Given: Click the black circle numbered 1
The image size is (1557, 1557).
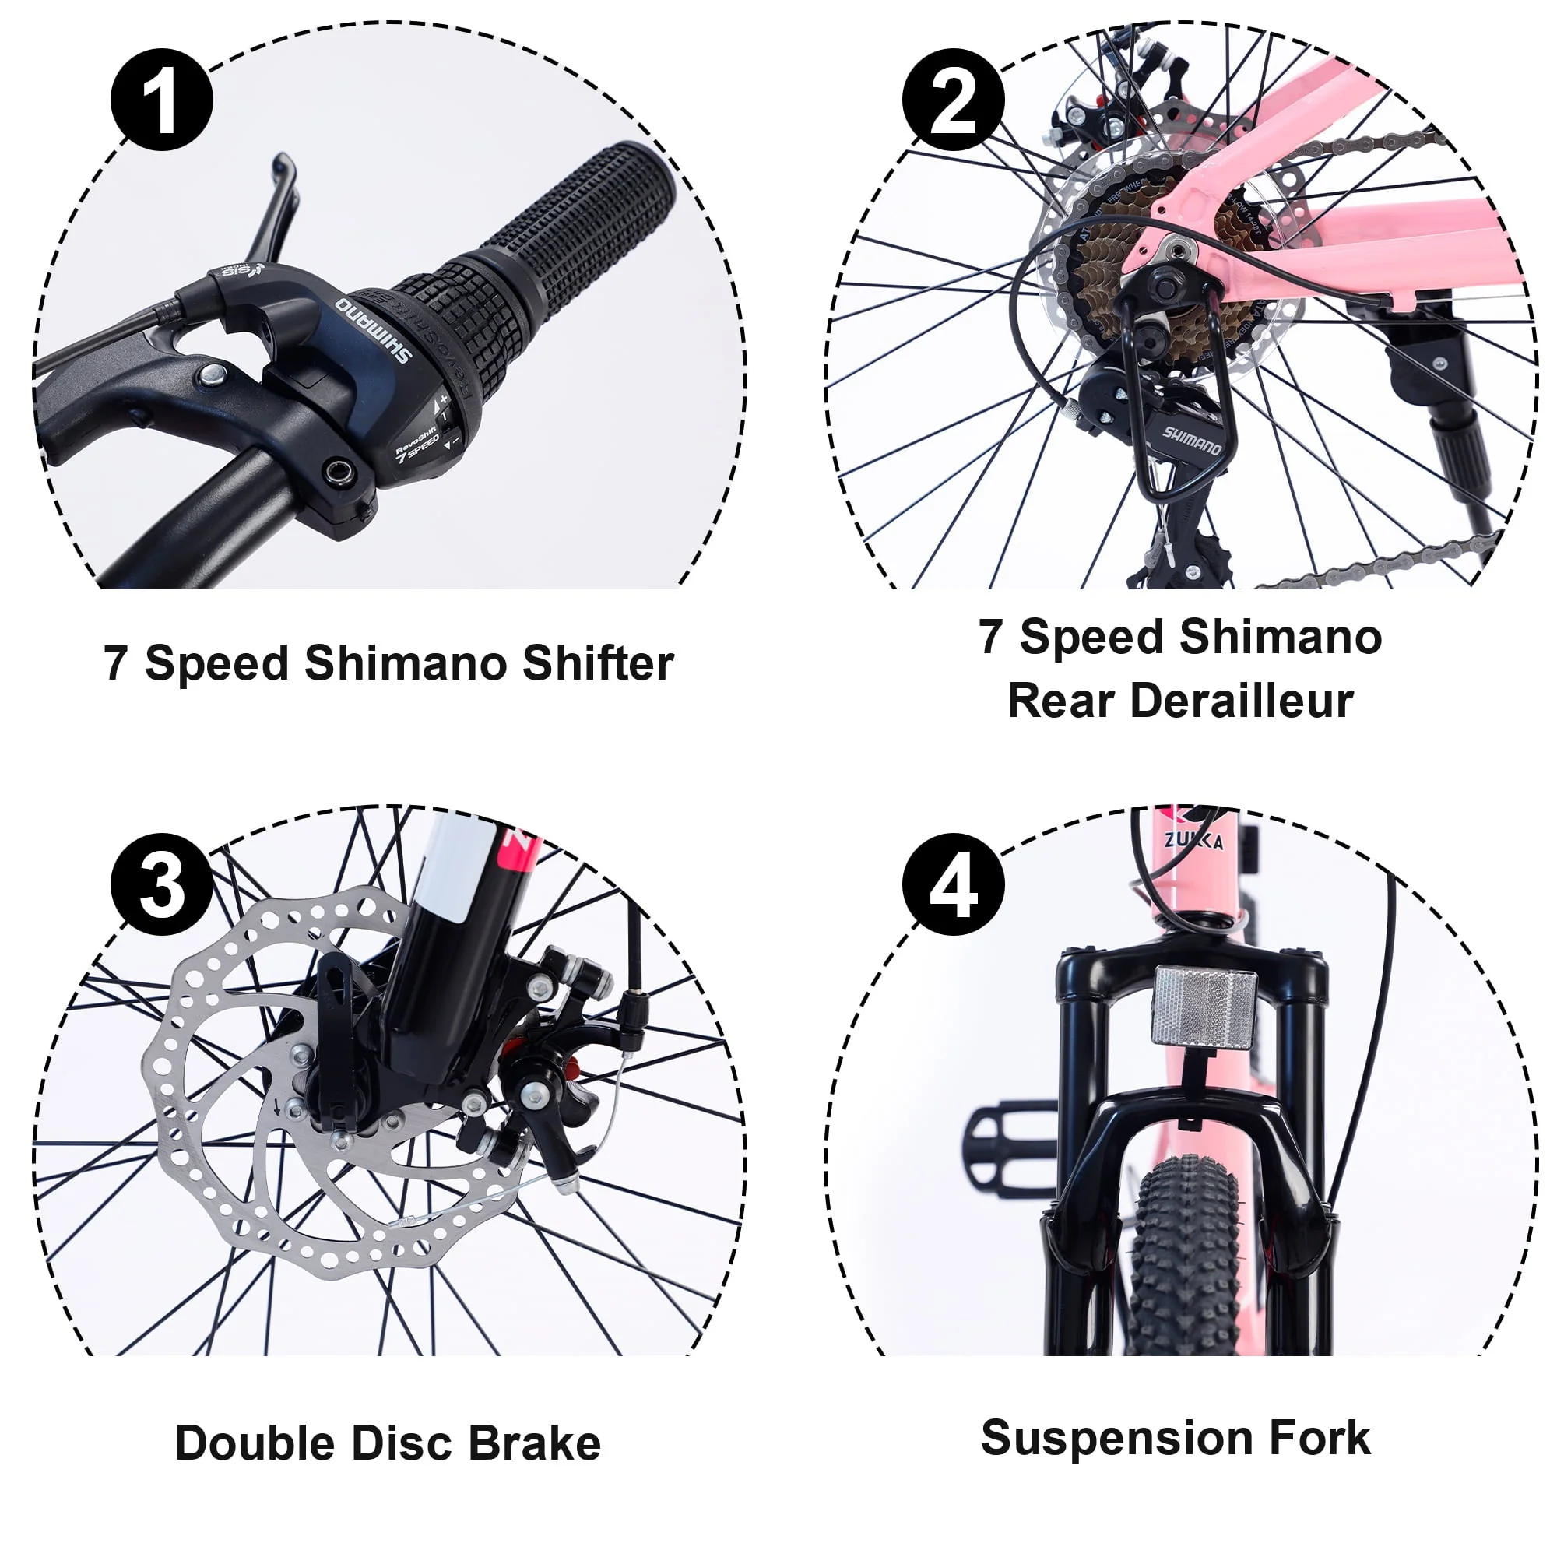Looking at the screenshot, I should [161, 100].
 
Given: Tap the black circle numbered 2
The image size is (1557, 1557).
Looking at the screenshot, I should [953, 100].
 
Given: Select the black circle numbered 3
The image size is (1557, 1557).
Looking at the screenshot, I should [161, 884].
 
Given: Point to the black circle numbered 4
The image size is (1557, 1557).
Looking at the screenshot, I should [953, 884].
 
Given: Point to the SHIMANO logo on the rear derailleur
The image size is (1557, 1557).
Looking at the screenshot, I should [1191, 441].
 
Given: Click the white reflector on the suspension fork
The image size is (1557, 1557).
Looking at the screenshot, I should [1204, 1008].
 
